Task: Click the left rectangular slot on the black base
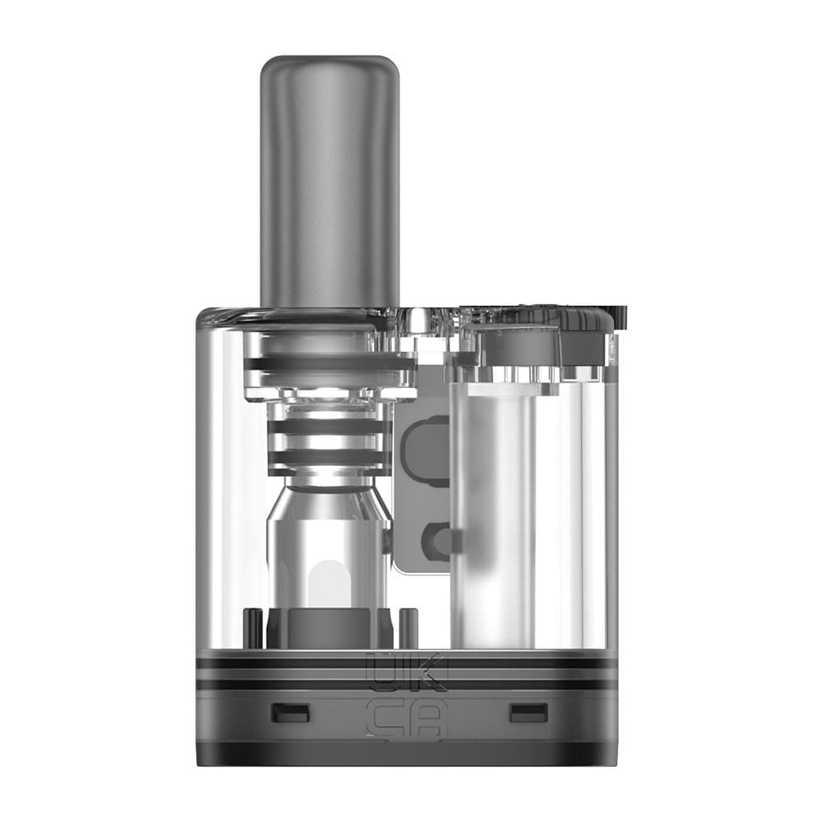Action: pyautogui.click(x=290, y=713)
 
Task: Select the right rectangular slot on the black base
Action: pyautogui.click(x=528, y=713)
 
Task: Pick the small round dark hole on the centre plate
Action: pyautogui.click(x=436, y=540)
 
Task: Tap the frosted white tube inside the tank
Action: pyautogui.click(x=493, y=510)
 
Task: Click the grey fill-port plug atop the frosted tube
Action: pyautogui.click(x=518, y=345)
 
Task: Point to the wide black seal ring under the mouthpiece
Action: pyautogui.click(x=329, y=363)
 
